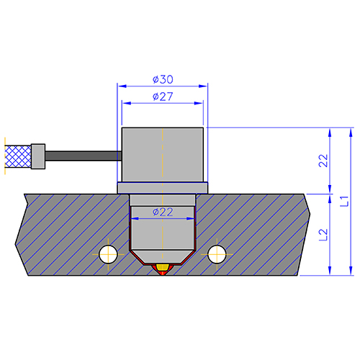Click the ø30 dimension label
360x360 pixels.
coord(163,79)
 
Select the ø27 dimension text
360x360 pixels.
coord(163,96)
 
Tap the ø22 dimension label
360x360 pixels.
coord(163,212)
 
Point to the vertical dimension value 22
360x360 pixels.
coord(323,161)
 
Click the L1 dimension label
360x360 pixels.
coord(344,201)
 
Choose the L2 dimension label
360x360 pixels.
coord(323,235)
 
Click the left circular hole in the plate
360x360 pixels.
coord(108,254)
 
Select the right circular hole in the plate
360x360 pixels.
coord(217,254)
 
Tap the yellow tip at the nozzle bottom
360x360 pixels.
coord(163,267)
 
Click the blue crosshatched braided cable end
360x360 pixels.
coord(18,156)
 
